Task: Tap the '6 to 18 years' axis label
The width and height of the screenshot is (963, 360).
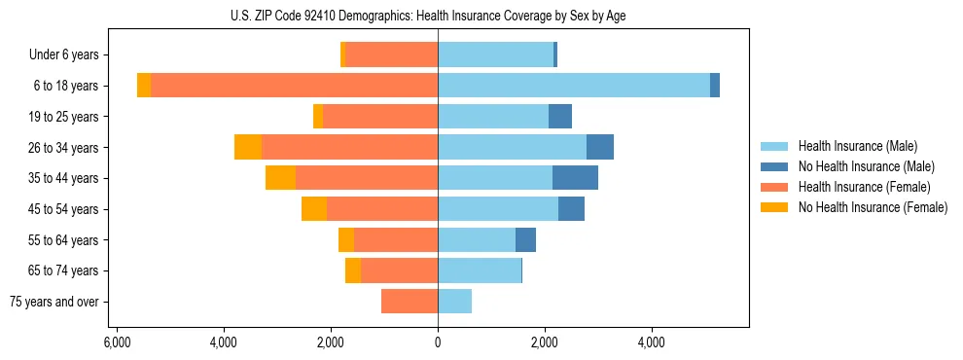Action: coord(66,86)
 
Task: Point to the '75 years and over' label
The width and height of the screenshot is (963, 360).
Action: coord(54,302)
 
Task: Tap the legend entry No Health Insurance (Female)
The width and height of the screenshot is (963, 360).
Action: coord(872,207)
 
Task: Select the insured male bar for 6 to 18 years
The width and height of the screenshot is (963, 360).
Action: coord(574,86)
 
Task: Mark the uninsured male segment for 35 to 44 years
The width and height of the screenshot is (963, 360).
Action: coord(575,178)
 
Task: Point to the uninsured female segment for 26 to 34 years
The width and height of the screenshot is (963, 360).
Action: coord(248,147)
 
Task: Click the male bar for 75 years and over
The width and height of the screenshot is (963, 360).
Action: coord(454,302)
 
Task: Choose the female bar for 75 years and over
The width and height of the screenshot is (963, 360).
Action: coord(410,302)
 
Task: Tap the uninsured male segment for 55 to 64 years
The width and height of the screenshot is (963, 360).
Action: coord(525,239)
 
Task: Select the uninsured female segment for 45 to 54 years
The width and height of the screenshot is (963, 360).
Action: coord(314,209)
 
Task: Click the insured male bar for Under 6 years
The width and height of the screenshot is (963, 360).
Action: coord(495,55)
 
